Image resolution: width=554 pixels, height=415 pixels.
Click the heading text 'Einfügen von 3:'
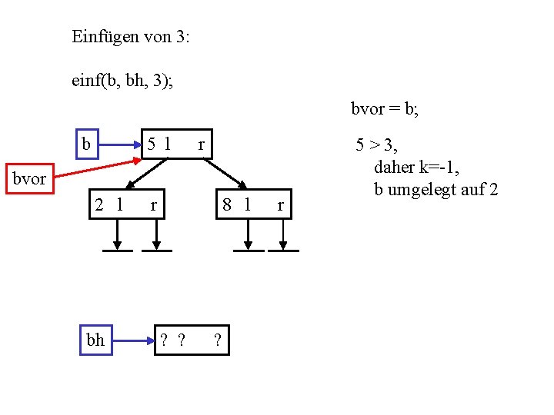130,36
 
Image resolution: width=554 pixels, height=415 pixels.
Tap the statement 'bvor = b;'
385,109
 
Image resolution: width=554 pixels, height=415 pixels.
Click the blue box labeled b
87,144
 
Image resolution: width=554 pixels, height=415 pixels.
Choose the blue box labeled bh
95,340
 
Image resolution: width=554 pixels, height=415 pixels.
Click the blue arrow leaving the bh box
132,340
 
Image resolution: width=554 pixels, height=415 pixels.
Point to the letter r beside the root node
202,144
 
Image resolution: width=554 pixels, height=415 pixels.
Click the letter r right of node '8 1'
280,205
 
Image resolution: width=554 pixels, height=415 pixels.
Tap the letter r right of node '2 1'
154,205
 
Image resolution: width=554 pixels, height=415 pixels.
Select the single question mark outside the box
219,340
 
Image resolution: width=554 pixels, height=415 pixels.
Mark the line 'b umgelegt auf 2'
436,189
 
